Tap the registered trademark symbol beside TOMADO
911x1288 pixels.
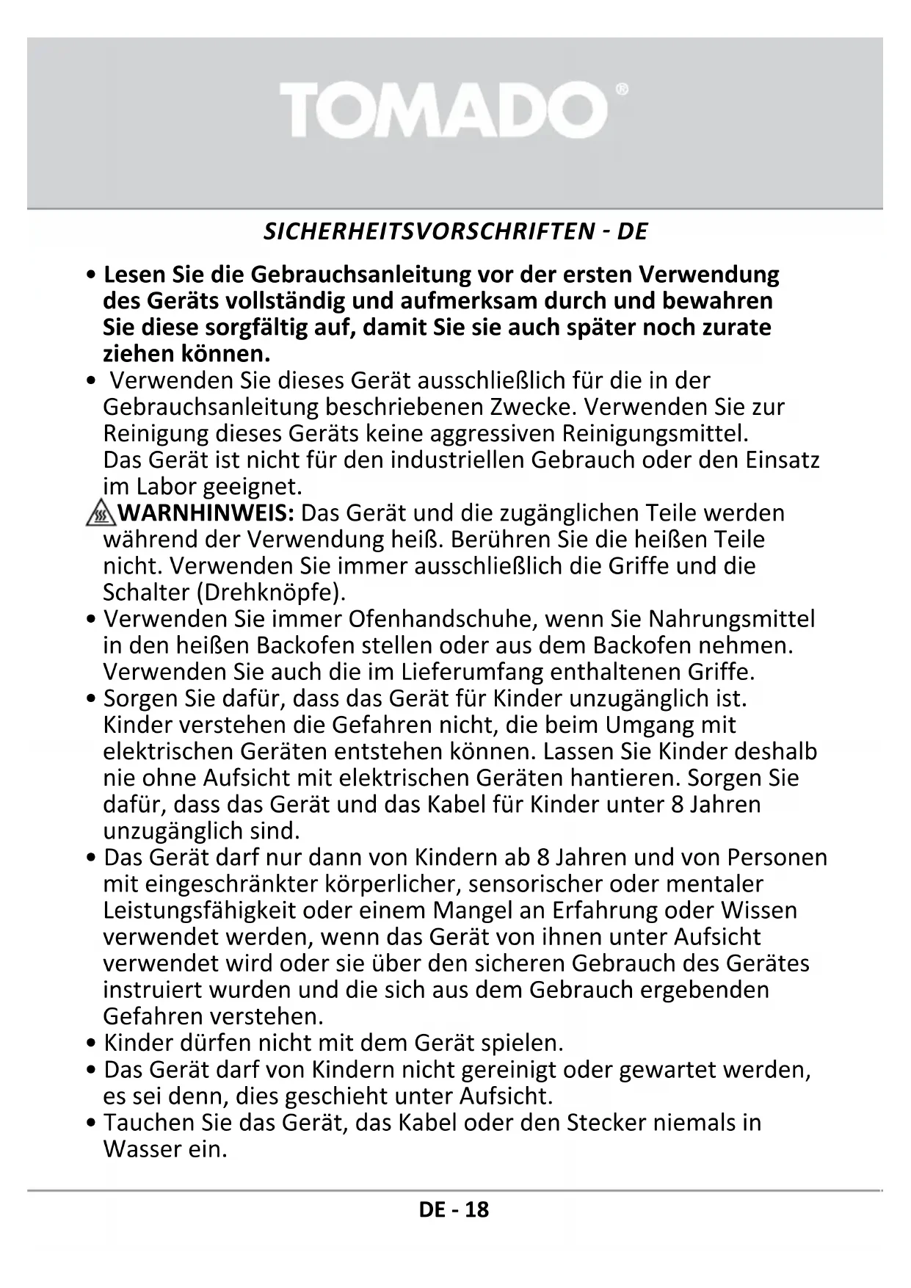click(621, 90)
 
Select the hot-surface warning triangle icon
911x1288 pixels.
click(100, 513)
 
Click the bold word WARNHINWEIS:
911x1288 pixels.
click(206, 513)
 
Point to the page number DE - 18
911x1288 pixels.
click(454, 1209)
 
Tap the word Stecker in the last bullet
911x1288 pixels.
click(606, 1123)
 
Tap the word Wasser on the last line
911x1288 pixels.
click(142, 1149)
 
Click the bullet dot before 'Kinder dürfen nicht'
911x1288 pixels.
click(91, 1044)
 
